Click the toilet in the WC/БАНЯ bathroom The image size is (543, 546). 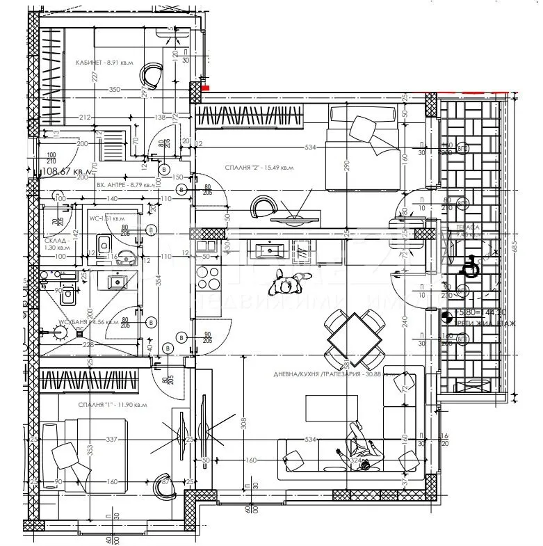[x=68, y=296]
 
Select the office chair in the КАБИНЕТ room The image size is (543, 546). [x=152, y=71]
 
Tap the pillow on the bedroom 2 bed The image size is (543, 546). [x=364, y=128]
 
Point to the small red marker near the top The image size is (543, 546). [x=205, y=88]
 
